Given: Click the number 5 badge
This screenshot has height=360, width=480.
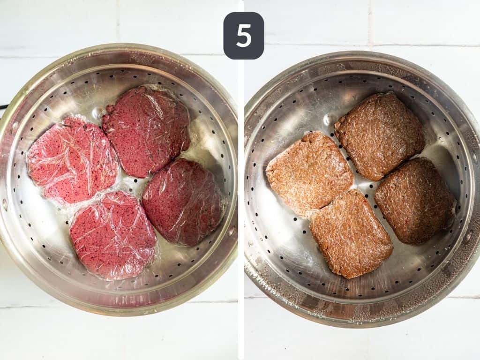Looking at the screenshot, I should pyautogui.click(x=243, y=36).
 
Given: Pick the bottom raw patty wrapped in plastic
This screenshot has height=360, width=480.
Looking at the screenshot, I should pyautogui.click(x=113, y=234).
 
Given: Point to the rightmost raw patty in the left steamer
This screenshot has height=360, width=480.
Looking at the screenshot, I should pyautogui.click(x=183, y=201).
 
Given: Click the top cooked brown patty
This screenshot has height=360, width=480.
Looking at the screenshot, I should pyautogui.click(x=379, y=135).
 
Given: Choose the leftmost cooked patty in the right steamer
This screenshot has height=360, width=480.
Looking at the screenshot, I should pyautogui.click(x=309, y=173).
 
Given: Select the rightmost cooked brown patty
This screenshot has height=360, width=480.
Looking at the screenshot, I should pyautogui.click(x=414, y=200).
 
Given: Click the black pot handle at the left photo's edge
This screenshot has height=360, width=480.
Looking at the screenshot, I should pyautogui.click(x=3, y=107).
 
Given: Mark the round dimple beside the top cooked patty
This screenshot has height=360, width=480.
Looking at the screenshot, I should pyautogui.click(x=330, y=119).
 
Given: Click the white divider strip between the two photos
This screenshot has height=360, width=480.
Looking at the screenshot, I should pyautogui.click(x=240, y=187).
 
